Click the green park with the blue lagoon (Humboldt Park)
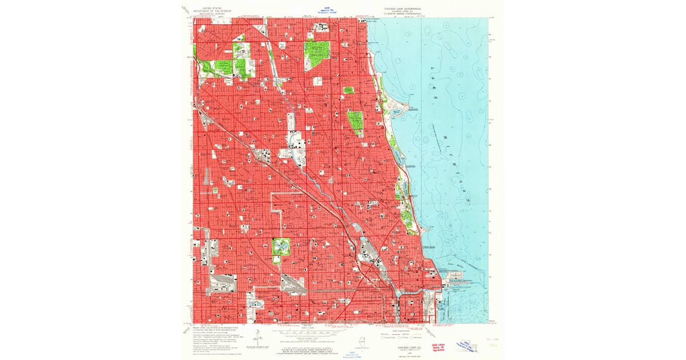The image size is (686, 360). [x=281, y=247]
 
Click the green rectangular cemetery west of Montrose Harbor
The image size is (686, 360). [x=355, y=121]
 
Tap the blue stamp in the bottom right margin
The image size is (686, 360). [x=465, y=345]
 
